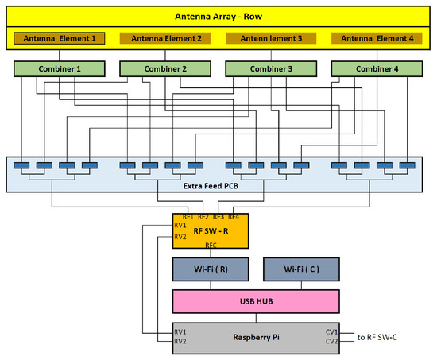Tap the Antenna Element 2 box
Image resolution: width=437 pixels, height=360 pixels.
tap(165, 38)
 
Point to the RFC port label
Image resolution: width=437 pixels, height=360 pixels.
tap(211, 246)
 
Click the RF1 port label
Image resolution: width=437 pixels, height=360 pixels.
tap(188, 216)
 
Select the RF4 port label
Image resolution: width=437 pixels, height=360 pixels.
tap(233, 216)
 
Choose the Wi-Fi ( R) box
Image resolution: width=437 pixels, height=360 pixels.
tap(210, 269)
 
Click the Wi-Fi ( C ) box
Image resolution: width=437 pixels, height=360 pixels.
tap(300, 269)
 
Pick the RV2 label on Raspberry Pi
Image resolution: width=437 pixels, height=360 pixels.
tap(182, 343)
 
